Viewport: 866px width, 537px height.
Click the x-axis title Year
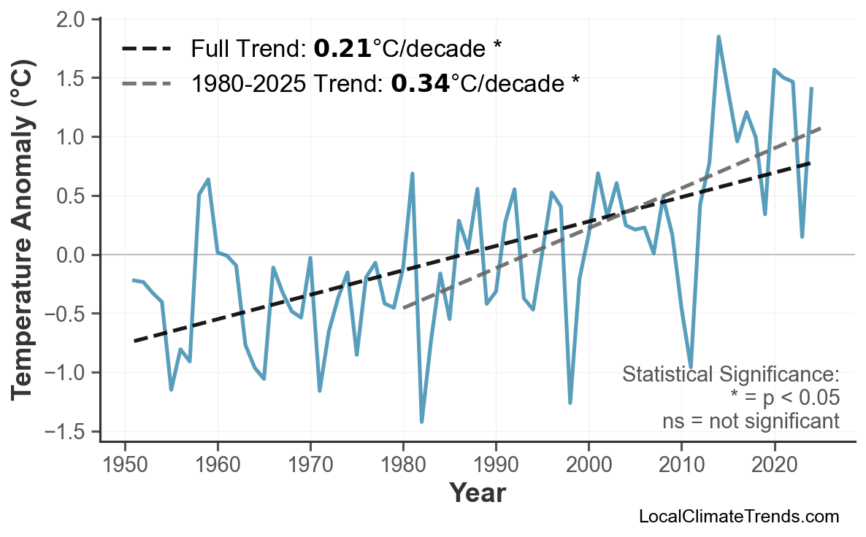coord(477,493)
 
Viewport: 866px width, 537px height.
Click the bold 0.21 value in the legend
coord(342,49)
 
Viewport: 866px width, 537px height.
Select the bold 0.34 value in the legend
coord(419,84)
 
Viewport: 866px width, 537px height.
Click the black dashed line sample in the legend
coord(146,49)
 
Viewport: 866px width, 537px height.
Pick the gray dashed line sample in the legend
coord(146,84)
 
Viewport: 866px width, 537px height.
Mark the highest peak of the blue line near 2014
coord(719,36)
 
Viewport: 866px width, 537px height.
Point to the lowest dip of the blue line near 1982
coord(422,422)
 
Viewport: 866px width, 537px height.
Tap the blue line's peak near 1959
coord(209,179)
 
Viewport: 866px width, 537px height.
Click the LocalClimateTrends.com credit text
coord(738,517)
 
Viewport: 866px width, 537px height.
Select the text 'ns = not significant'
coord(751,421)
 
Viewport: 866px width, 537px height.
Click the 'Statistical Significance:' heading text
coord(730,375)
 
